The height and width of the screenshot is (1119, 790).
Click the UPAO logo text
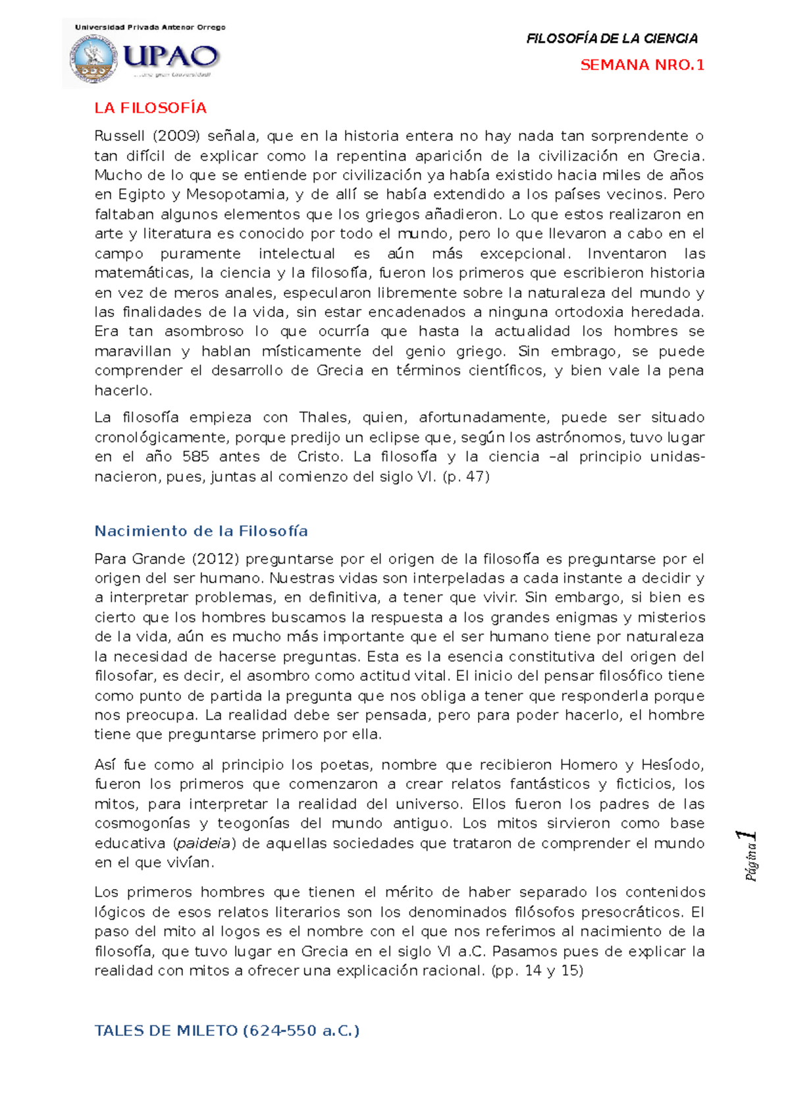point(170,56)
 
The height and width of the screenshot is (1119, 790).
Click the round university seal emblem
point(93,59)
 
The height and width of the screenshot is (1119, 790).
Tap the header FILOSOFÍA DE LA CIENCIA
point(612,39)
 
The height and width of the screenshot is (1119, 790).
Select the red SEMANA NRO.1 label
point(642,65)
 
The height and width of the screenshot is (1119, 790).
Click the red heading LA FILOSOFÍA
point(150,108)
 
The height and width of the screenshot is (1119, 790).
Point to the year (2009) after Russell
point(176,136)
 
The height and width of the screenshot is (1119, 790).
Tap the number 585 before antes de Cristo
point(196,457)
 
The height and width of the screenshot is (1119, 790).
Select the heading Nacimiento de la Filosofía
point(201,531)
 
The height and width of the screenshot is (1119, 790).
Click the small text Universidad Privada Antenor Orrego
point(150,27)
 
